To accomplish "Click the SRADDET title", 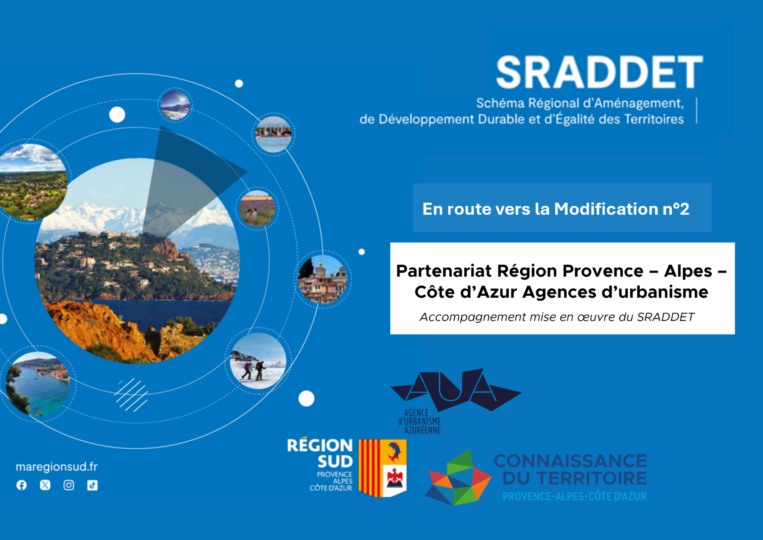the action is (599, 72).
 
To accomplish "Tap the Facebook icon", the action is (22, 485).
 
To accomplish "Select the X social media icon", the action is (45, 485).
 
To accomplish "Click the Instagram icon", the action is (69, 485).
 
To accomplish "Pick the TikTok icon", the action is (92, 485).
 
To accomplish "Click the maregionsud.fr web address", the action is (56, 467).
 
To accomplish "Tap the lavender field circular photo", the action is (257, 209).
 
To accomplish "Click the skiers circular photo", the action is (258, 361).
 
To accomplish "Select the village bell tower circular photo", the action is (323, 279).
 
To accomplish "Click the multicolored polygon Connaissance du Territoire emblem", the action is (458, 477).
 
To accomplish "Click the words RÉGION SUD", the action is (320, 453).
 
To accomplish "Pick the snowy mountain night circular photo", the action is (175, 105).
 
